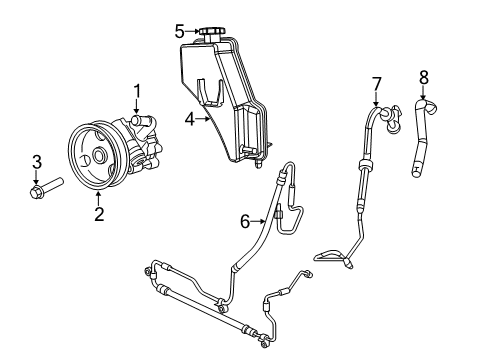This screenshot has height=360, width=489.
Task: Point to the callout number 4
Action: pyautogui.click(x=188, y=117)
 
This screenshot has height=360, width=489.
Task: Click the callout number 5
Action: pyautogui.click(x=180, y=31)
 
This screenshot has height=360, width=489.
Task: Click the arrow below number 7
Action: pyautogui.click(x=376, y=99)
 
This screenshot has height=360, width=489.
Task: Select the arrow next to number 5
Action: pyautogui.click(x=195, y=31)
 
